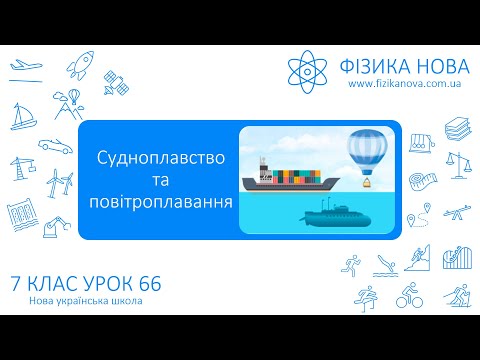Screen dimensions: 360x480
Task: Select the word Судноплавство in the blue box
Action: click(159, 160)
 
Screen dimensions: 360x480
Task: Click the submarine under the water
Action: click(335, 213)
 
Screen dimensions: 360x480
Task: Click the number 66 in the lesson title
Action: click(148, 285)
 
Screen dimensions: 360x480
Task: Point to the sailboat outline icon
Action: click(21, 118)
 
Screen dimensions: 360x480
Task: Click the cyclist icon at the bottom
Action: click(409, 296)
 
